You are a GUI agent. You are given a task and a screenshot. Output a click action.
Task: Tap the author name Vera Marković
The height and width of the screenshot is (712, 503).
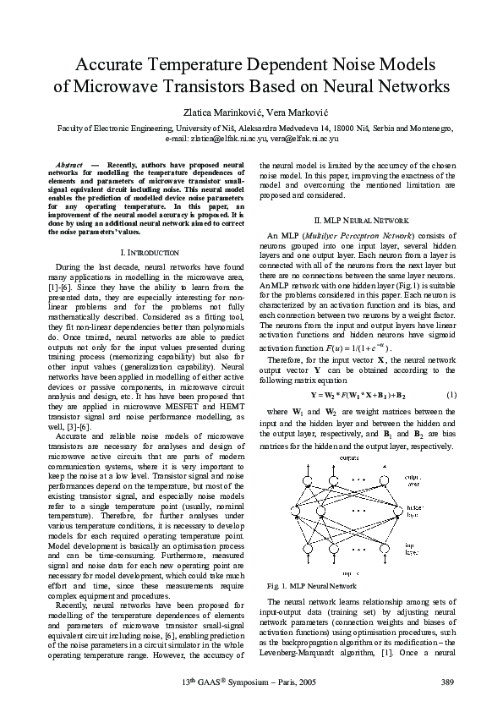287,110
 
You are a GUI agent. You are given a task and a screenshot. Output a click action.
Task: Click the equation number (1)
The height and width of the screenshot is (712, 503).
451,395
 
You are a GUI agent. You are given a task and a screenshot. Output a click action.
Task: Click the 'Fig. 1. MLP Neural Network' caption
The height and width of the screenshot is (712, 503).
312,584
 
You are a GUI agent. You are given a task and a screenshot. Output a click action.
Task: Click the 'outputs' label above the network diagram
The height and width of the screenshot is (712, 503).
349,457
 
